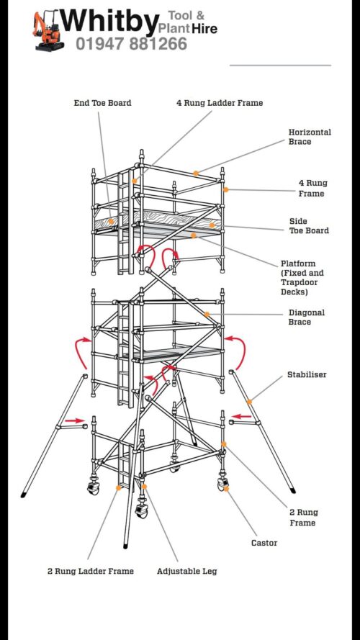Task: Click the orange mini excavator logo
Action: click(48, 32)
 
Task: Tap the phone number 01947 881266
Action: click(132, 44)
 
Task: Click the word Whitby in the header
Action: click(110, 22)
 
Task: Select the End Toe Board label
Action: click(102, 103)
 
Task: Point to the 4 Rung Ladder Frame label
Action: click(220, 103)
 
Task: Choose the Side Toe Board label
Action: click(309, 226)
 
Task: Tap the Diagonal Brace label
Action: click(307, 317)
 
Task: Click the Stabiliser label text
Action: click(307, 374)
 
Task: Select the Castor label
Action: click(264, 543)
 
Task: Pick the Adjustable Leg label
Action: click(187, 571)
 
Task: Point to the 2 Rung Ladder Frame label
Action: click(91, 571)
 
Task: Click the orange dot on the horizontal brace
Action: click(196, 173)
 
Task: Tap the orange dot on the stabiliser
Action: click(249, 402)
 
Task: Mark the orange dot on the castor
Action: click(226, 489)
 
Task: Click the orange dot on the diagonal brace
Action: click(207, 314)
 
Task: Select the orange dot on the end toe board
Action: click(111, 221)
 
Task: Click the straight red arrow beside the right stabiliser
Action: click(240, 417)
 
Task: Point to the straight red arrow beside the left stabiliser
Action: click(75, 420)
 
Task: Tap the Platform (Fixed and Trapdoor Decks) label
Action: click(302, 278)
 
